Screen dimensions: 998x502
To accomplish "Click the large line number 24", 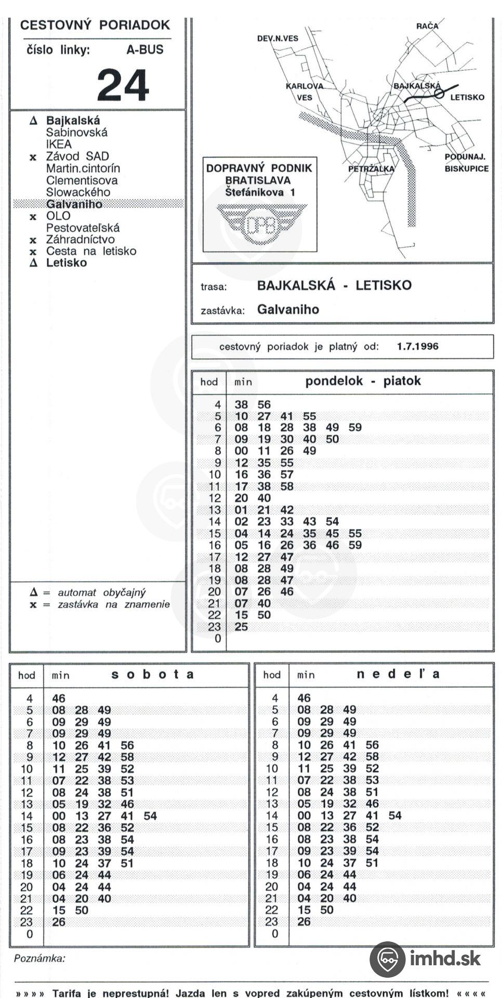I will coord(123,85).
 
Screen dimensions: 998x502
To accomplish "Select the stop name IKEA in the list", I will coord(59,144).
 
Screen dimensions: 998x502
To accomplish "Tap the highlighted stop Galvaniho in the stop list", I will coord(74,204).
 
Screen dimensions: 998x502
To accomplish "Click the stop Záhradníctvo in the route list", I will coord(80,239).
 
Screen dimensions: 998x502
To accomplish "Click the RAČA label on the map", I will coord(427,25).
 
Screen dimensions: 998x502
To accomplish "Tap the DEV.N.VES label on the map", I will coord(278,38).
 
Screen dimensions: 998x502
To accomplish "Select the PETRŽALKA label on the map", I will coord(371,169).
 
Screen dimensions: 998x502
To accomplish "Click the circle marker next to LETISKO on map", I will coord(440,94).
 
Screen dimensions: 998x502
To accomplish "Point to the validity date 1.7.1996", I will coord(417,346).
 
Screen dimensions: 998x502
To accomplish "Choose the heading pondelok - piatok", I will coord(363,381).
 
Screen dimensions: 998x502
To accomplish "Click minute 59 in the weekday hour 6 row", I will coord(355,427).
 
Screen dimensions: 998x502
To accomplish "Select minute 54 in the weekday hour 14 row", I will coord(332,521).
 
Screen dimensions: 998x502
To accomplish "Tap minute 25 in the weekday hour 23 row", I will coord(241,627).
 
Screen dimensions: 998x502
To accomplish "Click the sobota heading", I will coord(153,675).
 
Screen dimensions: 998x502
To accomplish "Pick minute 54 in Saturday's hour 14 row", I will coord(150,816).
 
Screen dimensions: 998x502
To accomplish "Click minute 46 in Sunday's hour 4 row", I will coord(304,698).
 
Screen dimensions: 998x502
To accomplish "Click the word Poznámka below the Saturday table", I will coord(39,958).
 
